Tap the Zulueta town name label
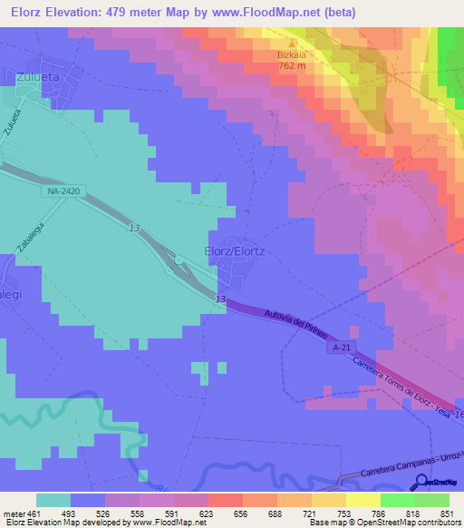click(37, 78)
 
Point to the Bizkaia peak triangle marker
click(292, 43)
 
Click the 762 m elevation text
click(292, 66)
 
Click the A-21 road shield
click(341, 347)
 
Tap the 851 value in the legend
click(447, 513)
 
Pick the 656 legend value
click(240, 513)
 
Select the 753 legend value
click(343, 513)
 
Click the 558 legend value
click(137, 513)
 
